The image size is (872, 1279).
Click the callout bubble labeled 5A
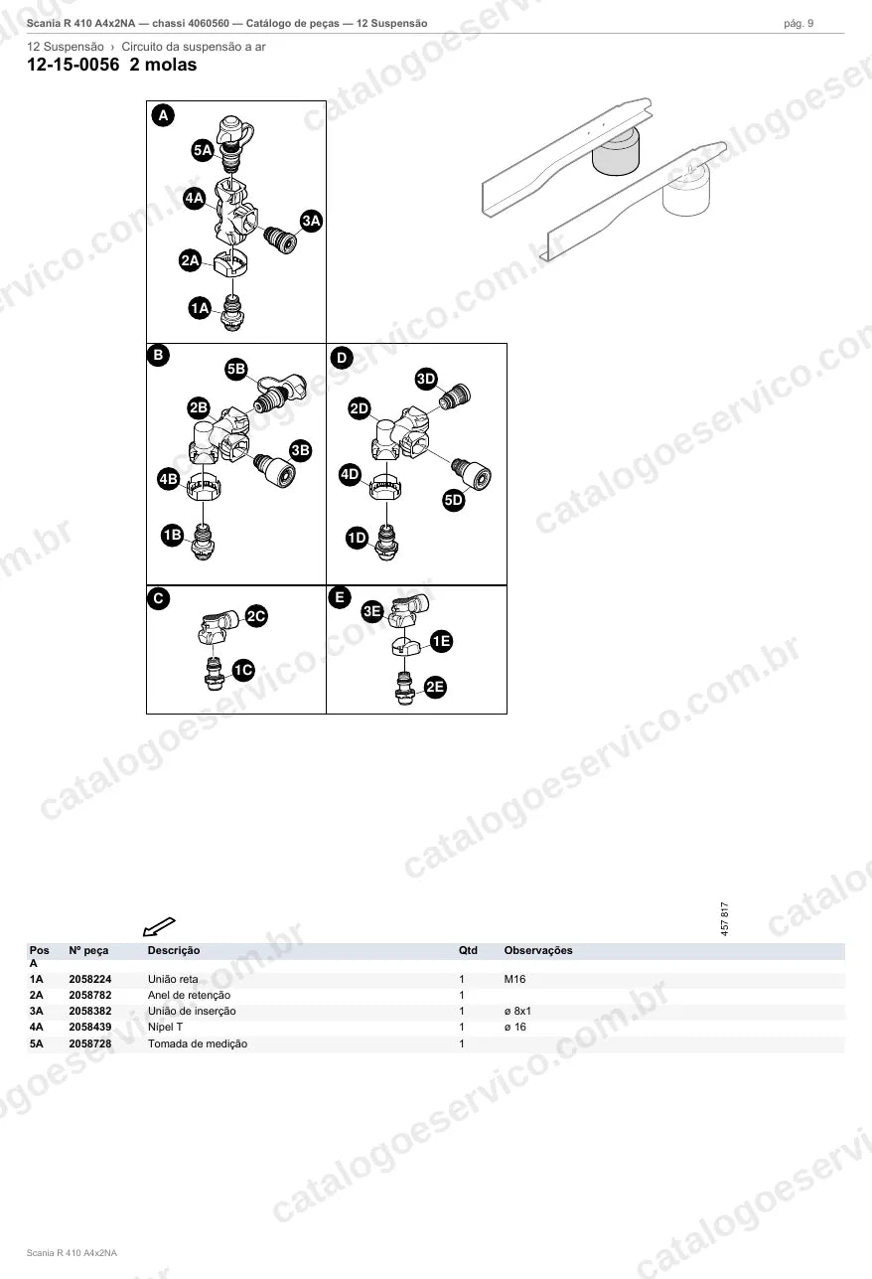point(203,150)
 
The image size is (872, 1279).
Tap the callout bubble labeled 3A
point(311,221)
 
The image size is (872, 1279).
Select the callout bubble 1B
point(173,535)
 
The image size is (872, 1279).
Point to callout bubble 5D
point(454,500)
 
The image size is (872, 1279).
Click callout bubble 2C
point(256,616)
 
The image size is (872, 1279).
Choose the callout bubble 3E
point(372,611)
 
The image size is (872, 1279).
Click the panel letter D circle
point(342,358)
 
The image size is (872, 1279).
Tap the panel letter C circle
point(158,598)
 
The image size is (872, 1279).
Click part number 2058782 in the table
point(90,995)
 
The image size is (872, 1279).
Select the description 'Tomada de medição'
point(198,1043)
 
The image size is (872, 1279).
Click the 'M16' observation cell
point(514,979)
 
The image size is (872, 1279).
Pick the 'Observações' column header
point(538,950)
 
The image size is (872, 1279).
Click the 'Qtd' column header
point(468,950)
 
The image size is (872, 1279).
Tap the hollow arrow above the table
point(159,926)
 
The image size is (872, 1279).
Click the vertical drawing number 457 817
point(725,918)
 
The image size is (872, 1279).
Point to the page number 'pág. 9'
point(799,24)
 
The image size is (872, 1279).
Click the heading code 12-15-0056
point(73,65)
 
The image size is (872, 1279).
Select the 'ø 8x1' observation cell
point(517,1011)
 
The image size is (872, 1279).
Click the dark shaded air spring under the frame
point(616,151)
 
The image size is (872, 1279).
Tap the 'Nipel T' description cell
point(166,1027)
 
